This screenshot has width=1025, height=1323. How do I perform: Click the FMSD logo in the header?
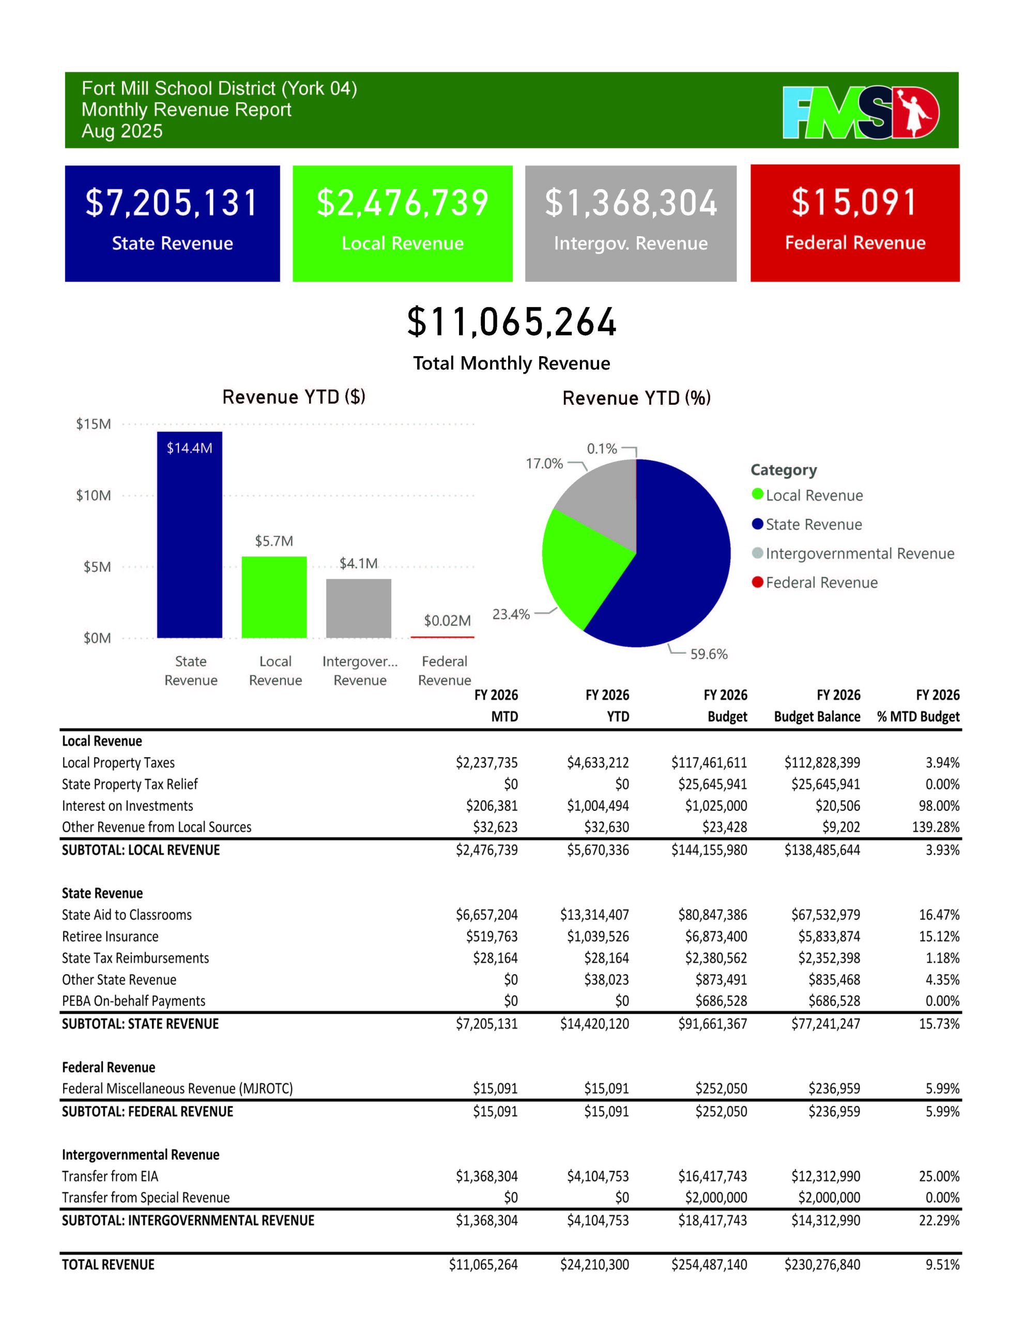tap(860, 112)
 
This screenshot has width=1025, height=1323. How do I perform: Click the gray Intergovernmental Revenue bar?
tap(359, 608)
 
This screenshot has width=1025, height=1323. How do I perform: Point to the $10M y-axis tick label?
tap(94, 496)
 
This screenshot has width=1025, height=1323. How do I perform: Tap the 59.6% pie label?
tap(709, 654)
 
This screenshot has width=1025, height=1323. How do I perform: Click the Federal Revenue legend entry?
tap(821, 583)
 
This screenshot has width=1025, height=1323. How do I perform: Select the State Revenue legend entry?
tap(813, 525)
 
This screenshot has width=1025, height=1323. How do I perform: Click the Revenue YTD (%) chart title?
tap(636, 398)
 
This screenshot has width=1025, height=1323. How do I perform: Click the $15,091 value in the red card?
tap(854, 203)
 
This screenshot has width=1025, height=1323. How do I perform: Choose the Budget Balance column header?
tap(817, 717)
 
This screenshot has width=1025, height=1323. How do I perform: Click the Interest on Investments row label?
tap(127, 806)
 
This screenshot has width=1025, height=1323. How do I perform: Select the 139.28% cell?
tap(936, 827)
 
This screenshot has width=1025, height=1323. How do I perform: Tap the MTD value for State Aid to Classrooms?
tap(487, 915)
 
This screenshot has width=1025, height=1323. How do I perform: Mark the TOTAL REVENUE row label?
tap(109, 1265)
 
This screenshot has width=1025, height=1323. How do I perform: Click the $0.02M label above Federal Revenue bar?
tap(447, 621)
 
